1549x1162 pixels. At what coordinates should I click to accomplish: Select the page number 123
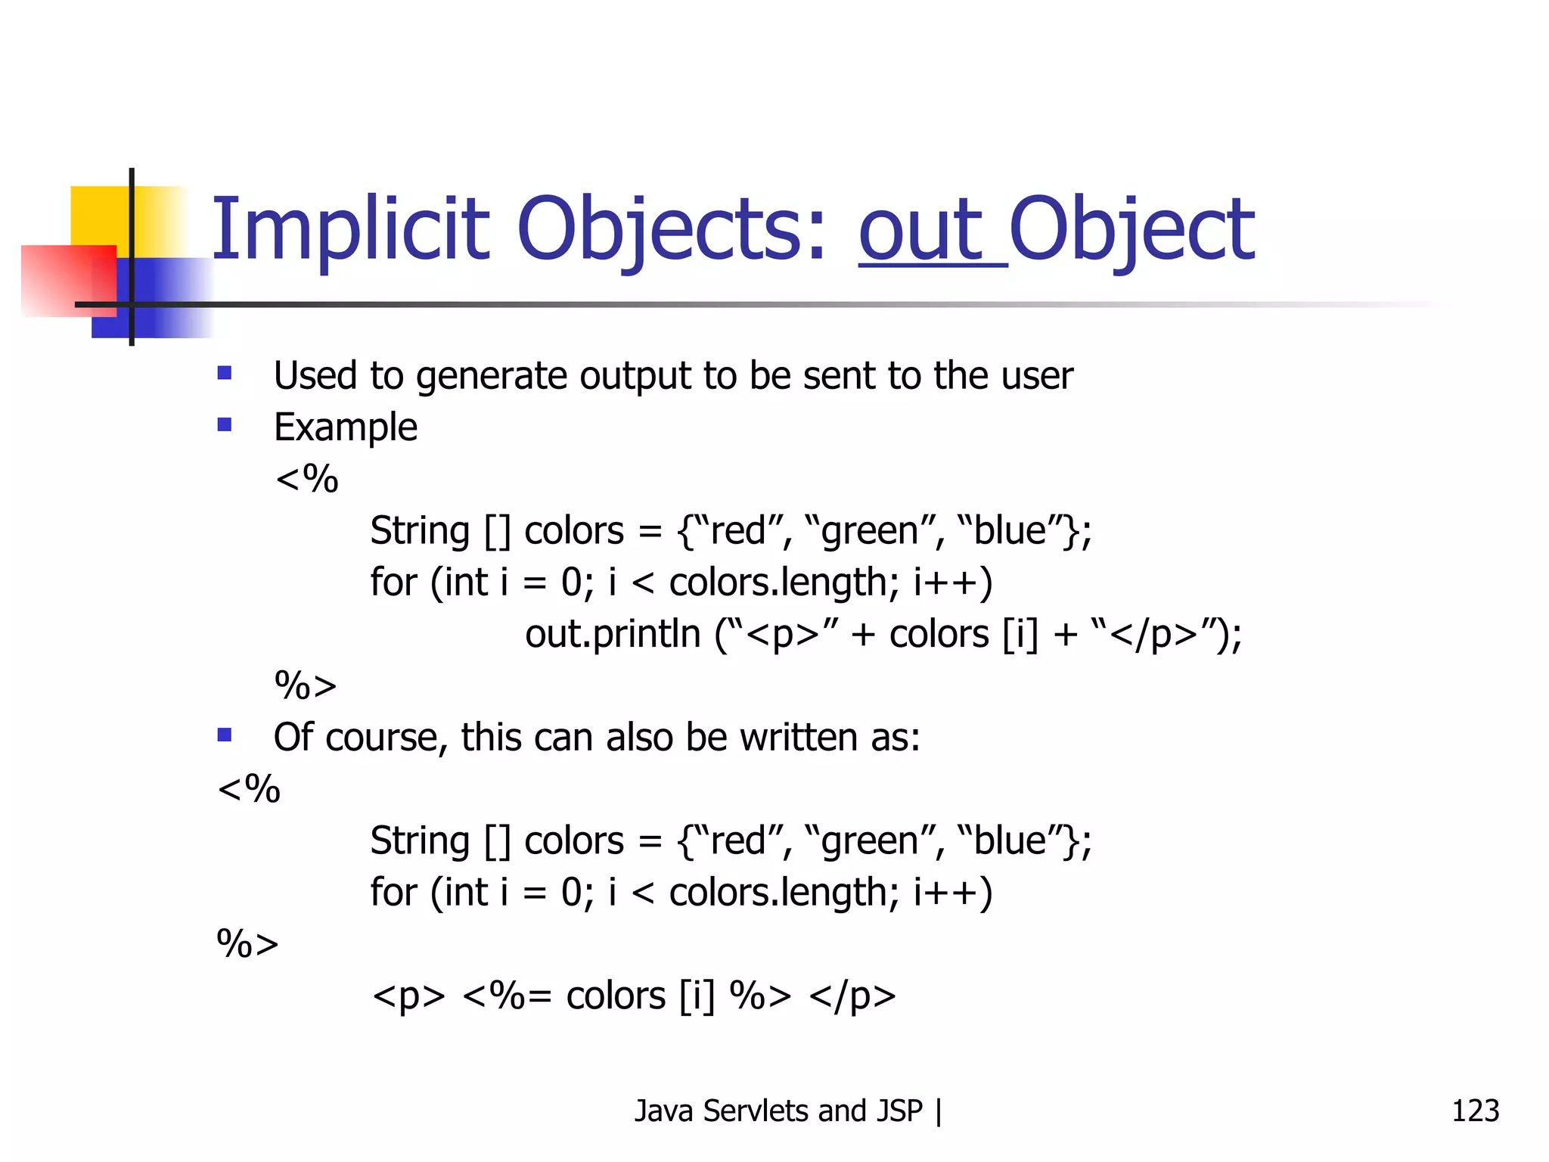pyautogui.click(x=1475, y=1111)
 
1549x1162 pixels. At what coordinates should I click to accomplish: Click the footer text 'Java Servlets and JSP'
pyautogui.click(x=778, y=1111)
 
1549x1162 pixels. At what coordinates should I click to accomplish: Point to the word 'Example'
pyautogui.click(x=346, y=428)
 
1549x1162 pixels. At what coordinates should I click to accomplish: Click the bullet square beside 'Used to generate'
pyautogui.click(x=225, y=373)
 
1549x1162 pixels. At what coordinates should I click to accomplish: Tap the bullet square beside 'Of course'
pyautogui.click(x=225, y=735)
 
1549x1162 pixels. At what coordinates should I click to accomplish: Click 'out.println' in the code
pyautogui.click(x=613, y=634)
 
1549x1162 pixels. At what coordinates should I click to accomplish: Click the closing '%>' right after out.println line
pyautogui.click(x=305, y=686)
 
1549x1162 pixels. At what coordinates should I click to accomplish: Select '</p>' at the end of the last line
pyautogui.click(x=852, y=996)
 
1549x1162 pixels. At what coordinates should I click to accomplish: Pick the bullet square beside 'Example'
pyautogui.click(x=225, y=424)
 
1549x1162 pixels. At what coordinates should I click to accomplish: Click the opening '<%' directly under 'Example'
pyautogui.click(x=306, y=480)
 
